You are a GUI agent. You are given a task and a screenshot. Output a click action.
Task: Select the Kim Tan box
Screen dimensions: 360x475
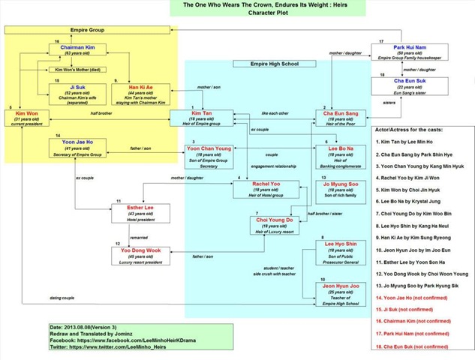click(197, 118)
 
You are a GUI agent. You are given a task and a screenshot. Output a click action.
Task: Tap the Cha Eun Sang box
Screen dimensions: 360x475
click(339, 118)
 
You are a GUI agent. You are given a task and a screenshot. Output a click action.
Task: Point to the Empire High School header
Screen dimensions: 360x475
click(275, 64)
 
